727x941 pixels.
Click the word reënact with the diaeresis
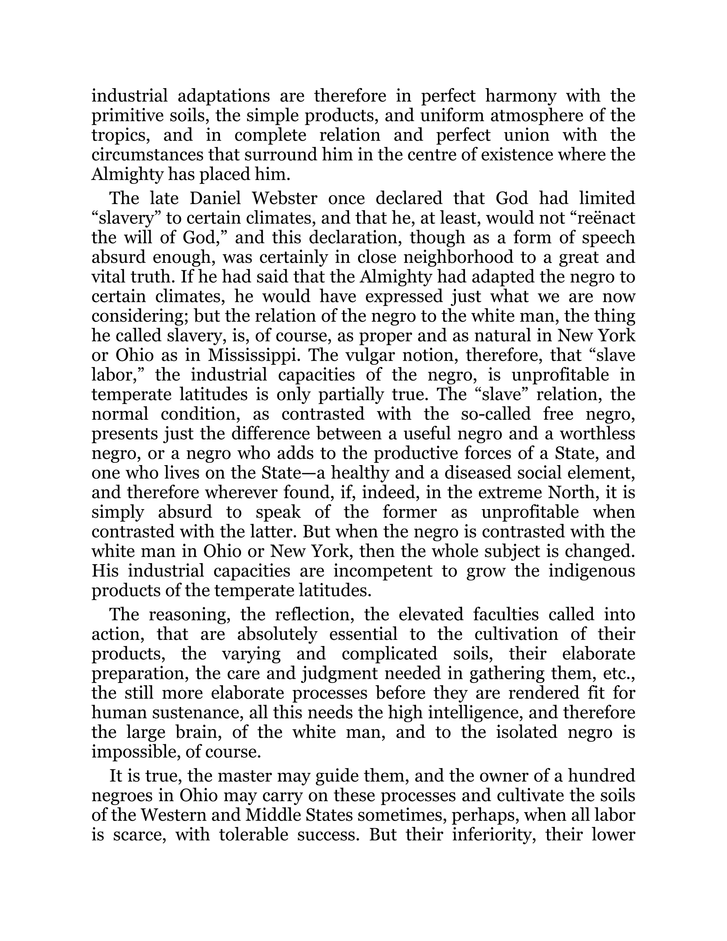point(607,218)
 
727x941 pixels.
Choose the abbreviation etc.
point(620,673)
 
